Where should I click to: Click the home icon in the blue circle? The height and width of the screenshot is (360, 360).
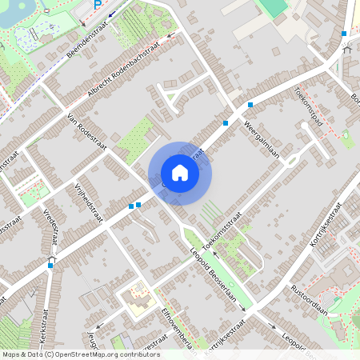pyautogui.click(x=180, y=173)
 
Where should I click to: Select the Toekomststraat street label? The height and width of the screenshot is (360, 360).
pyautogui.click(x=222, y=233)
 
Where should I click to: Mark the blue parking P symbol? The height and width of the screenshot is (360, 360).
pyautogui.click(x=98, y=5)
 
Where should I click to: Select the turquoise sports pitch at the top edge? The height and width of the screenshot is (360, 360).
pyautogui.click(x=273, y=6)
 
